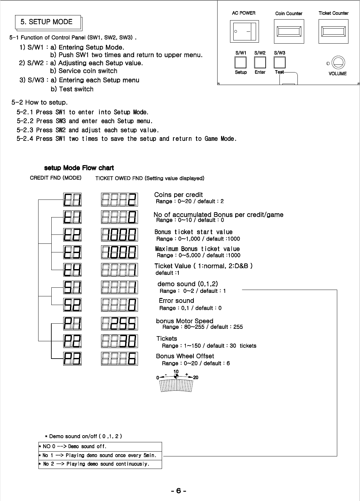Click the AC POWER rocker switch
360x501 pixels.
244,31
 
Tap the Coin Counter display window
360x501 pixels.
289,31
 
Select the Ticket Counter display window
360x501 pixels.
333,31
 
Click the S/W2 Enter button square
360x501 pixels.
260,62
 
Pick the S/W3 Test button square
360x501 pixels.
279,62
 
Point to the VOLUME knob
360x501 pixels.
338,63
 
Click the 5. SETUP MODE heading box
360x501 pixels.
48,22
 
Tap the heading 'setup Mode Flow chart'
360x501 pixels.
79,168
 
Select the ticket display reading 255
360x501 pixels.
119,324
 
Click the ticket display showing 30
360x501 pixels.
119,341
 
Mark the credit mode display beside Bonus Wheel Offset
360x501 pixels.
73,359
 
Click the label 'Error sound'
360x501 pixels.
176,301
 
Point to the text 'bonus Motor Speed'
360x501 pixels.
184,321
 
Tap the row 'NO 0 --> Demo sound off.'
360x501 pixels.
100,446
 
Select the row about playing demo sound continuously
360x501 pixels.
100,464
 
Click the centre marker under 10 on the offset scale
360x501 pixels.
176,377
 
